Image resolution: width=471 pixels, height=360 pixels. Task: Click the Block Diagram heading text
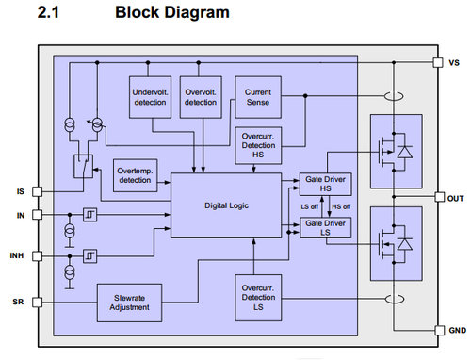tap(171, 13)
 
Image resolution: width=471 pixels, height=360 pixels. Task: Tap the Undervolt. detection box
tap(148, 97)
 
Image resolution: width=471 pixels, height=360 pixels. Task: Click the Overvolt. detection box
tap(200, 97)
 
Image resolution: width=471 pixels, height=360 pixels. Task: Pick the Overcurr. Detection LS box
tap(256, 299)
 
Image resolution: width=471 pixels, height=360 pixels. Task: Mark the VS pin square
tap(438, 62)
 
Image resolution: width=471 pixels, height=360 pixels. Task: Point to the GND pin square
tap(438, 331)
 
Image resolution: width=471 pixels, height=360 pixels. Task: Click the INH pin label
tap(16, 254)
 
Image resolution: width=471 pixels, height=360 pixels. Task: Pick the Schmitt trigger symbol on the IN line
tap(88, 214)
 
